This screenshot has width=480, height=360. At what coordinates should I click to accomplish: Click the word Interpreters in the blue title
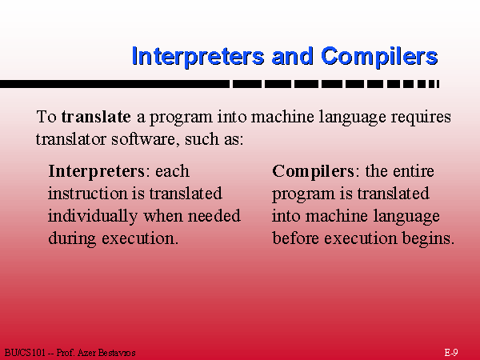[x=198, y=56]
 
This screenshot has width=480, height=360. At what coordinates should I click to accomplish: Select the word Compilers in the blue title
[x=379, y=56]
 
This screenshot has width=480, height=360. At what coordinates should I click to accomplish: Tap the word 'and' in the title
[x=292, y=56]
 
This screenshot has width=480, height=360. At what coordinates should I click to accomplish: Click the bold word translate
[x=96, y=117]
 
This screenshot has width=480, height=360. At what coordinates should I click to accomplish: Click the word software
[x=146, y=139]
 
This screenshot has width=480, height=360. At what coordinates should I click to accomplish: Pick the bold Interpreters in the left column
[x=96, y=171]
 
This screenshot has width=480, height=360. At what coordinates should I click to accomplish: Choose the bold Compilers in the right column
[x=313, y=171]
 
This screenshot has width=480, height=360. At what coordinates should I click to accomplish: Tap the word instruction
[x=87, y=194]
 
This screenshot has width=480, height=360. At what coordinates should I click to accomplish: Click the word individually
[x=93, y=217]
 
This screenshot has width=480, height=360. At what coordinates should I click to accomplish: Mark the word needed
[x=214, y=216]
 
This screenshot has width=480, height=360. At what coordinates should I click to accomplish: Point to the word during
[x=72, y=239]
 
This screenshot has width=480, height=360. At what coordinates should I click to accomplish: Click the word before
[x=295, y=238]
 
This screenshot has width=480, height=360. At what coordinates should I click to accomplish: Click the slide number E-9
[x=451, y=352]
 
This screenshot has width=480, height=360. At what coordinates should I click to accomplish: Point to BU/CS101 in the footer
[x=25, y=353]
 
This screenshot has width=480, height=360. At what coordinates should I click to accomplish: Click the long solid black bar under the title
[x=114, y=84]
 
